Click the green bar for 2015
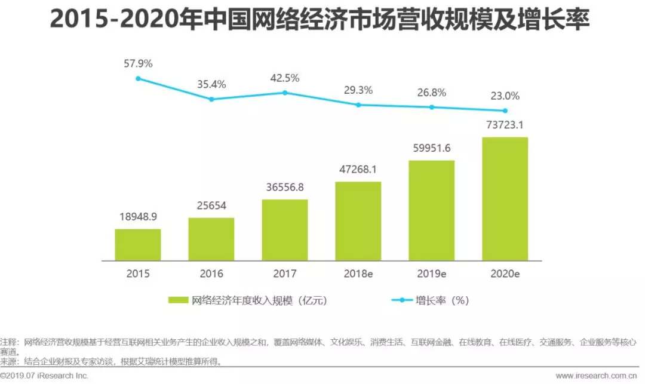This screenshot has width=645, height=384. [138, 245]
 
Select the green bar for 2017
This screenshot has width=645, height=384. [285, 230]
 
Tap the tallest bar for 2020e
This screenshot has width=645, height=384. [505, 199]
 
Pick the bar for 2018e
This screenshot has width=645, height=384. [358, 221]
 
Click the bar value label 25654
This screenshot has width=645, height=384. [211, 207]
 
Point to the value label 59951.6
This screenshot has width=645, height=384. [431, 149]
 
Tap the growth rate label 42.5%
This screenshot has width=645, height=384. [285, 78]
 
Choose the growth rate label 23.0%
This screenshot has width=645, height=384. [505, 96]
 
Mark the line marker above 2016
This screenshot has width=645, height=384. [211, 99]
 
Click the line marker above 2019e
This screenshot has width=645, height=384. [431, 107]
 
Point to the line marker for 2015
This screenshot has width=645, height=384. [138, 78]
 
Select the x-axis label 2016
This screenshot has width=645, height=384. [211, 274]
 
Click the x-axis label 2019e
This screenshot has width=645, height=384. [431, 274]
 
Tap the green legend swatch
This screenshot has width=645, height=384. [179, 300]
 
